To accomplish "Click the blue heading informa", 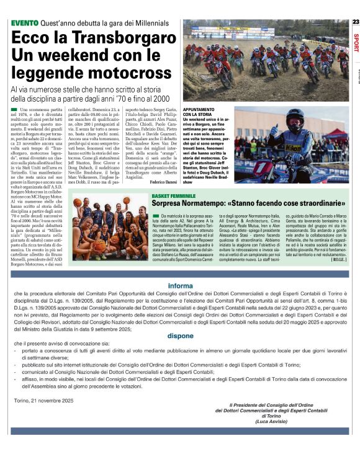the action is click(x=180, y=286).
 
